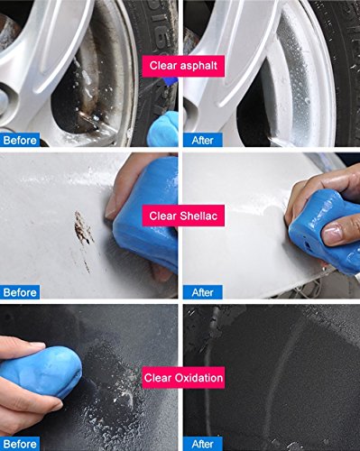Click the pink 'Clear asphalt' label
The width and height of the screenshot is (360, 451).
[x=183, y=66]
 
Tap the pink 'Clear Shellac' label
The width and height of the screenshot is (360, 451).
[x=183, y=216]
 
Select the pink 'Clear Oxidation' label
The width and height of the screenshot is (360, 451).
[x=183, y=378]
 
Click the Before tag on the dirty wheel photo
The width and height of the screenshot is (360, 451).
[x=20, y=140]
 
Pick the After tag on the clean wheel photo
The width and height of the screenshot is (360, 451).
[x=203, y=140]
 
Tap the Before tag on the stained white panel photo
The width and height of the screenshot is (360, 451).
[x=20, y=292]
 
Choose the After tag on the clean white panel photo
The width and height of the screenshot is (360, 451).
[x=203, y=292]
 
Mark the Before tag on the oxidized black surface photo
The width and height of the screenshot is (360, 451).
[x=20, y=444]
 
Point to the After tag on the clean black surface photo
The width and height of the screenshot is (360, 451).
[x=203, y=444]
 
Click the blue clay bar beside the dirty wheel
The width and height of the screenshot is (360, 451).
[x=163, y=129]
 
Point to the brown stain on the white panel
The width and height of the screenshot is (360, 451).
[x=82, y=230]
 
